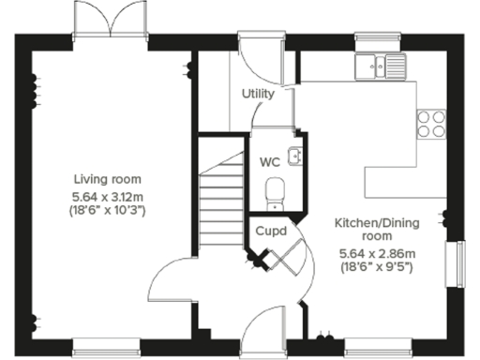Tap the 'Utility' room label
click(x=258, y=95)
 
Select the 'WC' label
click(x=270, y=161)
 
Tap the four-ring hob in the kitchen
click(x=432, y=124)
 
